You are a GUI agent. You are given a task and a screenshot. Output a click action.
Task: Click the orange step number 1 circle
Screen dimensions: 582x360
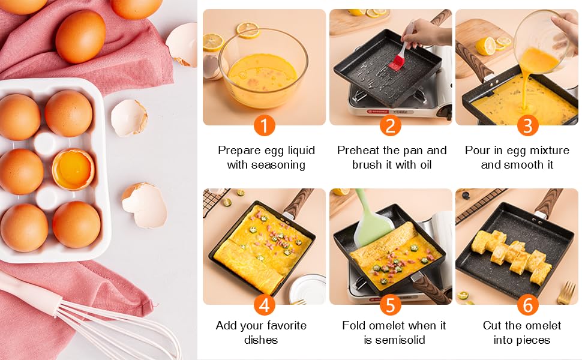(x=264, y=125)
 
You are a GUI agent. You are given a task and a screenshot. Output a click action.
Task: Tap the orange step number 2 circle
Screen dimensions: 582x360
(x=391, y=125)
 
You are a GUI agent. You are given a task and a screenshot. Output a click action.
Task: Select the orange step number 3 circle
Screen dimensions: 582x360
(x=527, y=125)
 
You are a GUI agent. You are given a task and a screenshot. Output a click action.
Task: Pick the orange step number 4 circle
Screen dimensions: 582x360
(x=264, y=305)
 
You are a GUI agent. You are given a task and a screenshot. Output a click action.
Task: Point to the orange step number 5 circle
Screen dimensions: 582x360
(x=391, y=305)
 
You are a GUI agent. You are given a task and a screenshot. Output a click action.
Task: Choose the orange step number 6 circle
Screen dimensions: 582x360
(x=527, y=305)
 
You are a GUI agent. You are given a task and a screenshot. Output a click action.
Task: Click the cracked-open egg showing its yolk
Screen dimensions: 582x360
(x=73, y=170)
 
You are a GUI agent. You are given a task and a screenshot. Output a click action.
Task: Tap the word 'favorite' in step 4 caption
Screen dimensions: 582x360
(x=284, y=325)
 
